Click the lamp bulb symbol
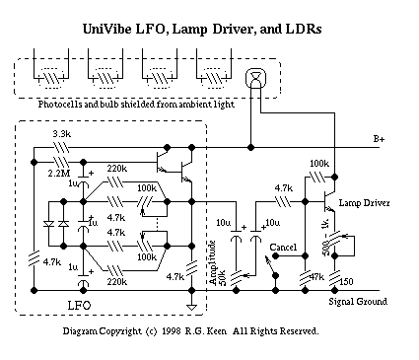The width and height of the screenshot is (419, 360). [255, 78]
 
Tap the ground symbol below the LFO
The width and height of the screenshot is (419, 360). [191, 308]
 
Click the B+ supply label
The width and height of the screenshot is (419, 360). [379, 139]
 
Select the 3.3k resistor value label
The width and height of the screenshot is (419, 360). [62, 134]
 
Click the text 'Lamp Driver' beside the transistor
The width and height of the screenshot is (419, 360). [364, 203]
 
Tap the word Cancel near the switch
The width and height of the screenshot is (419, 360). [283, 248]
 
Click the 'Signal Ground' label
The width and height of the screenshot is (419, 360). [358, 302]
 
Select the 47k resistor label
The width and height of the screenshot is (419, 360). [316, 277]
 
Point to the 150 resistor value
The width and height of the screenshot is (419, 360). [346, 282]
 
